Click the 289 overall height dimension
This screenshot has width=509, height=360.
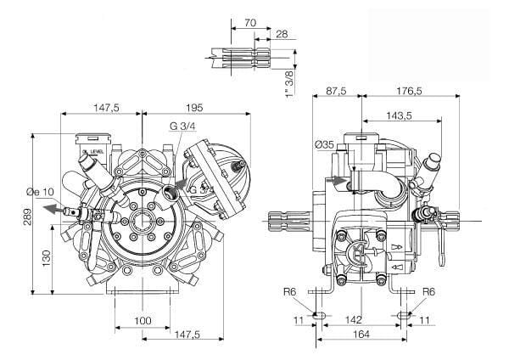point(28,217)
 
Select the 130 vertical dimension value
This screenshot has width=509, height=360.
point(47,258)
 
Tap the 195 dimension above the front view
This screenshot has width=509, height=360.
point(195,107)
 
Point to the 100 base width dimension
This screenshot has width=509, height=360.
point(143,321)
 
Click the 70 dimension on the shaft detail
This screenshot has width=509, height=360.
point(250,23)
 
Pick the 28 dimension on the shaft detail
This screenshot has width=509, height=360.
point(282,34)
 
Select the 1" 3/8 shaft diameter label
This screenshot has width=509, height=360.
point(288,83)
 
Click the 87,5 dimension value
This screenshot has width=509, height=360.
point(336,91)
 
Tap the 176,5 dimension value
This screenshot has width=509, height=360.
point(409,91)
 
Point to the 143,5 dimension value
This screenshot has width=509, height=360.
point(399,115)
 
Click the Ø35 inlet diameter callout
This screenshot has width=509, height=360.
point(324,144)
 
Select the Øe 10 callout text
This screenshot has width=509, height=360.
point(40,192)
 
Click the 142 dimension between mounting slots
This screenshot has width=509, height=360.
point(353,320)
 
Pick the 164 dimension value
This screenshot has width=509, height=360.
point(361,334)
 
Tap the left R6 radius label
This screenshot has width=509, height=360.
point(290,292)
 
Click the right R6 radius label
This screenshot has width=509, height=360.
point(428,292)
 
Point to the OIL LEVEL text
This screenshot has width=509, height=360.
point(93,151)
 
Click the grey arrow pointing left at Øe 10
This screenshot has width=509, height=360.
point(53,209)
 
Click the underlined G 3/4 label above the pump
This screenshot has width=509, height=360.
point(182,127)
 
